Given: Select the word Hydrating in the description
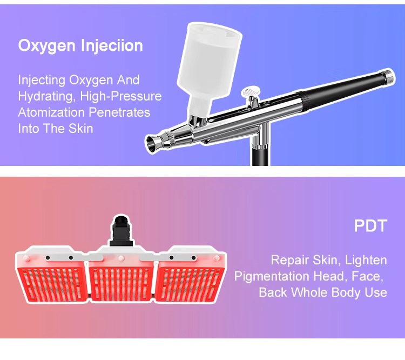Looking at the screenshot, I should click(42, 97).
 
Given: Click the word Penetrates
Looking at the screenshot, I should click(120, 112).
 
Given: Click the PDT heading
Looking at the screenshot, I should click(370, 225).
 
